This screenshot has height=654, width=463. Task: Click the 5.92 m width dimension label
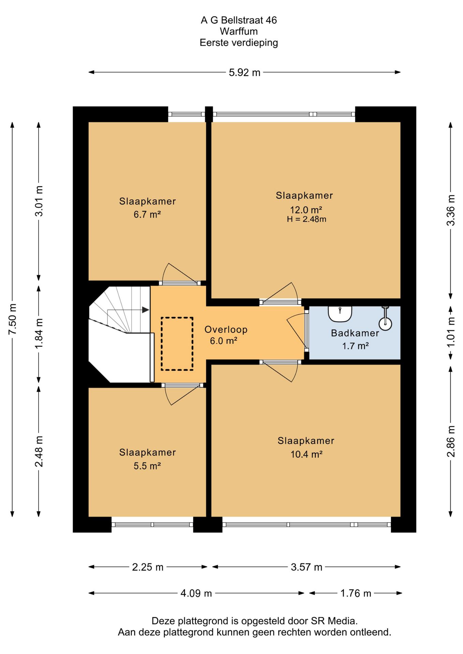(x=244, y=73)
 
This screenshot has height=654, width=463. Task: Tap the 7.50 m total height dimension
(x=13, y=319)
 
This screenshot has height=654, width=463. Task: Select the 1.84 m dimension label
(x=39, y=333)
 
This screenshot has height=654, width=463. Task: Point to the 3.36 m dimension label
(x=451, y=210)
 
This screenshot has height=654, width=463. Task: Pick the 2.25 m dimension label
(x=148, y=567)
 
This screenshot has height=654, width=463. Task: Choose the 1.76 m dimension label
(x=356, y=593)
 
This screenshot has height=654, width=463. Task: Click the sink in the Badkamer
(x=340, y=314)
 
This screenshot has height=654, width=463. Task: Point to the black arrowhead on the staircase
(x=146, y=310)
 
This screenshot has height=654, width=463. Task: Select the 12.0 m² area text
(x=306, y=210)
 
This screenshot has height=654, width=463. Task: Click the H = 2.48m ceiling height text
(x=307, y=219)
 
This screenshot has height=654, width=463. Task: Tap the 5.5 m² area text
(x=147, y=466)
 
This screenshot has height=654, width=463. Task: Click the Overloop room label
(x=226, y=330)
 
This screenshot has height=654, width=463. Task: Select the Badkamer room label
(x=355, y=333)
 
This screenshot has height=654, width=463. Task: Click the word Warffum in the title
(x=239, y=31)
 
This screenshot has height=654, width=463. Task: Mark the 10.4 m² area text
(x=307, y=454)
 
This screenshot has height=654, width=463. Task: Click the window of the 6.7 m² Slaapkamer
(x=186, y=114)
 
